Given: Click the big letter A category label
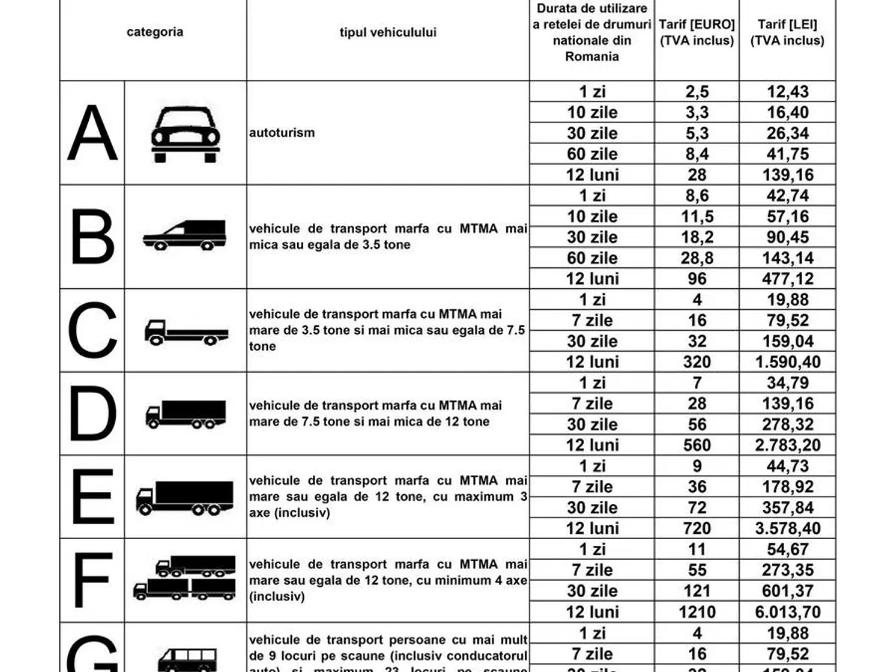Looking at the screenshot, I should click(93, 133).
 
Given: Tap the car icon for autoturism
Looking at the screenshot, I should click(185, 134).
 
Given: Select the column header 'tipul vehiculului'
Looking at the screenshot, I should click(388, 33).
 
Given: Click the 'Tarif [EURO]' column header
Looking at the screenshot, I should click(697, 33).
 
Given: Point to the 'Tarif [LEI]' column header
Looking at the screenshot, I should click(787, 33).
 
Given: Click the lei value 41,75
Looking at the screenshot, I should click(787, 155).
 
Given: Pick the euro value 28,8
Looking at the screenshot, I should click(697, 258).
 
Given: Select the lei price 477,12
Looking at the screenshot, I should click(787, 279).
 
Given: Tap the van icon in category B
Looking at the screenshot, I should click(184, 235).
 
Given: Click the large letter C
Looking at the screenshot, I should click(93, 330).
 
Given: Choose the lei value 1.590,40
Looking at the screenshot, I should click(787, 362).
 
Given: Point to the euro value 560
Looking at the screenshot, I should click(697, 446).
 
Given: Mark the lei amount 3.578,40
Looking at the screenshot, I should click(787, 529).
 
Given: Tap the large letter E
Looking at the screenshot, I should click(93, 497).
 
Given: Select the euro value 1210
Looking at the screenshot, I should click(697, 612).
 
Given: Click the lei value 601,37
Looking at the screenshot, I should click(787, 591).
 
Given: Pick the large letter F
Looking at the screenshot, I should click(93, 580).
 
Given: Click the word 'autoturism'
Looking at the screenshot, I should click(282, 133).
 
